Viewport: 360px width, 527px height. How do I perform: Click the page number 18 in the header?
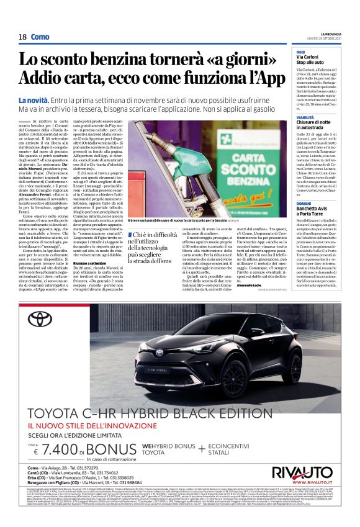pyautogui.click(x=22, y=37)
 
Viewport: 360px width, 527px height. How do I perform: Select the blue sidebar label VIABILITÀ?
pyautogui.click(x=305, y=117)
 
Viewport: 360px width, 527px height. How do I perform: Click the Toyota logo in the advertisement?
pyautogui.click(x=43, y=318)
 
